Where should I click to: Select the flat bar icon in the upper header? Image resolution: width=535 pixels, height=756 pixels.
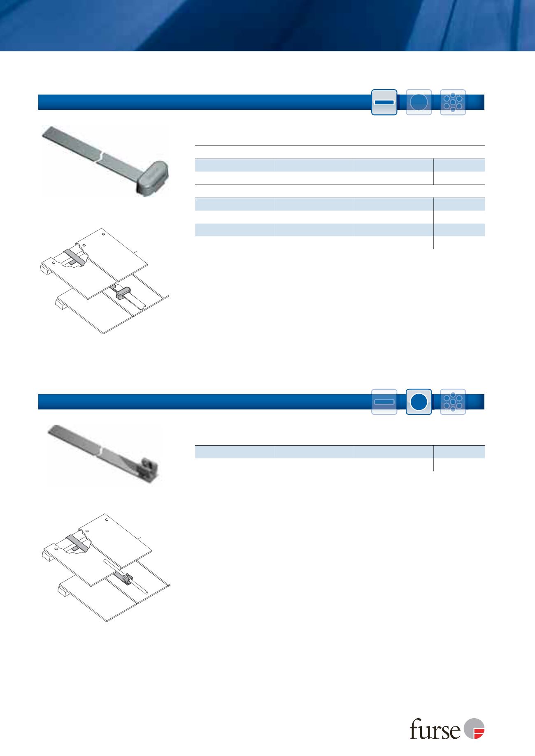point(384,102)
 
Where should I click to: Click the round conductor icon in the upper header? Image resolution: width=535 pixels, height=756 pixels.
point(419,102)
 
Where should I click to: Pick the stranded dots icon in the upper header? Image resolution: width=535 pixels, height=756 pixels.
point(453,102)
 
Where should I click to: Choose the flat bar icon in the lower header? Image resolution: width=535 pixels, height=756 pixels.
point(384,402)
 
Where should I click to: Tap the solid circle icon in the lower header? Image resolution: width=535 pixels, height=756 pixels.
point(419,402)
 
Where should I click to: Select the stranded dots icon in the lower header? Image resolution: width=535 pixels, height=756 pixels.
point(453,402)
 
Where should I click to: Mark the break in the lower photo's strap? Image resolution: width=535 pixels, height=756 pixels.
point(101,451)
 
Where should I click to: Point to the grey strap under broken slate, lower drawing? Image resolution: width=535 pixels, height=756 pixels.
point(77,543)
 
